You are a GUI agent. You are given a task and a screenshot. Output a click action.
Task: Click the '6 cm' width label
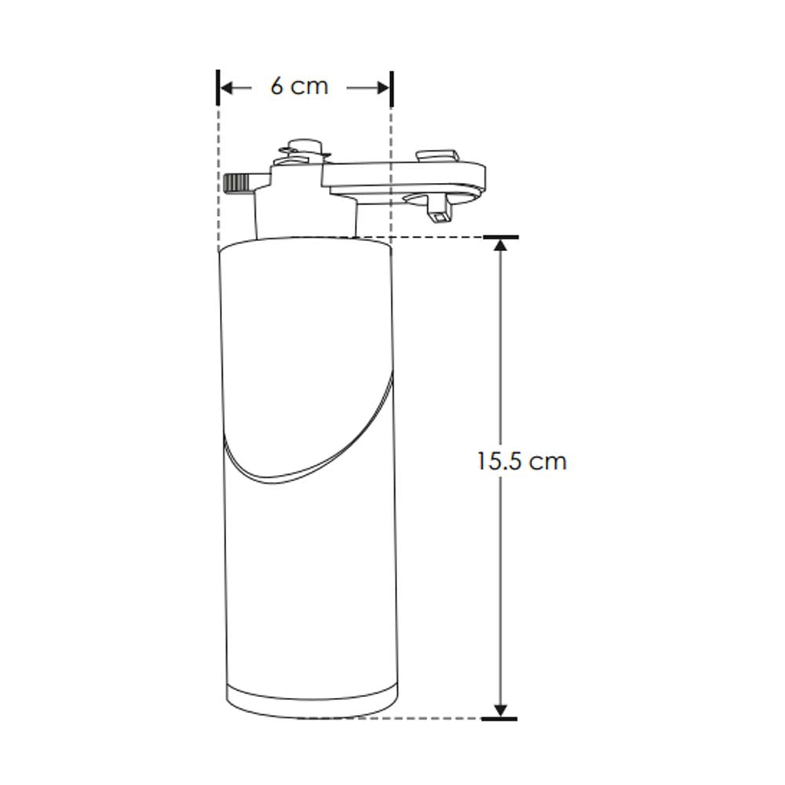tap(299, 86)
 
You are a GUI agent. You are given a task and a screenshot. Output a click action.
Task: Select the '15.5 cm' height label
tap(521, 461)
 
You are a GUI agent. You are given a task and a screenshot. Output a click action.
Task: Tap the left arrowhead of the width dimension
tap(226, 88)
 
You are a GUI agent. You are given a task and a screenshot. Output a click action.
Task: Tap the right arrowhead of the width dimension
tap(384, 88)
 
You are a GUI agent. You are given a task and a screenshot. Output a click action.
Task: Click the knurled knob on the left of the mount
tap(236, 184)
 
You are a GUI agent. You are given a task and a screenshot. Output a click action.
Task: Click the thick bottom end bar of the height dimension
tap(499, 717)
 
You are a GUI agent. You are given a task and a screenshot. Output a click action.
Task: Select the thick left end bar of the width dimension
tap(217, 87)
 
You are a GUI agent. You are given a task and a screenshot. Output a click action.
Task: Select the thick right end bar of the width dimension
tap(391, 87)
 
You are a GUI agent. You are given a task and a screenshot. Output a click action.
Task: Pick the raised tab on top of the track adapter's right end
tap(437, 155)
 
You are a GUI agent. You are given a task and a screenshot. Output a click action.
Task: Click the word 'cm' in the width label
tap(312, 86)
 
